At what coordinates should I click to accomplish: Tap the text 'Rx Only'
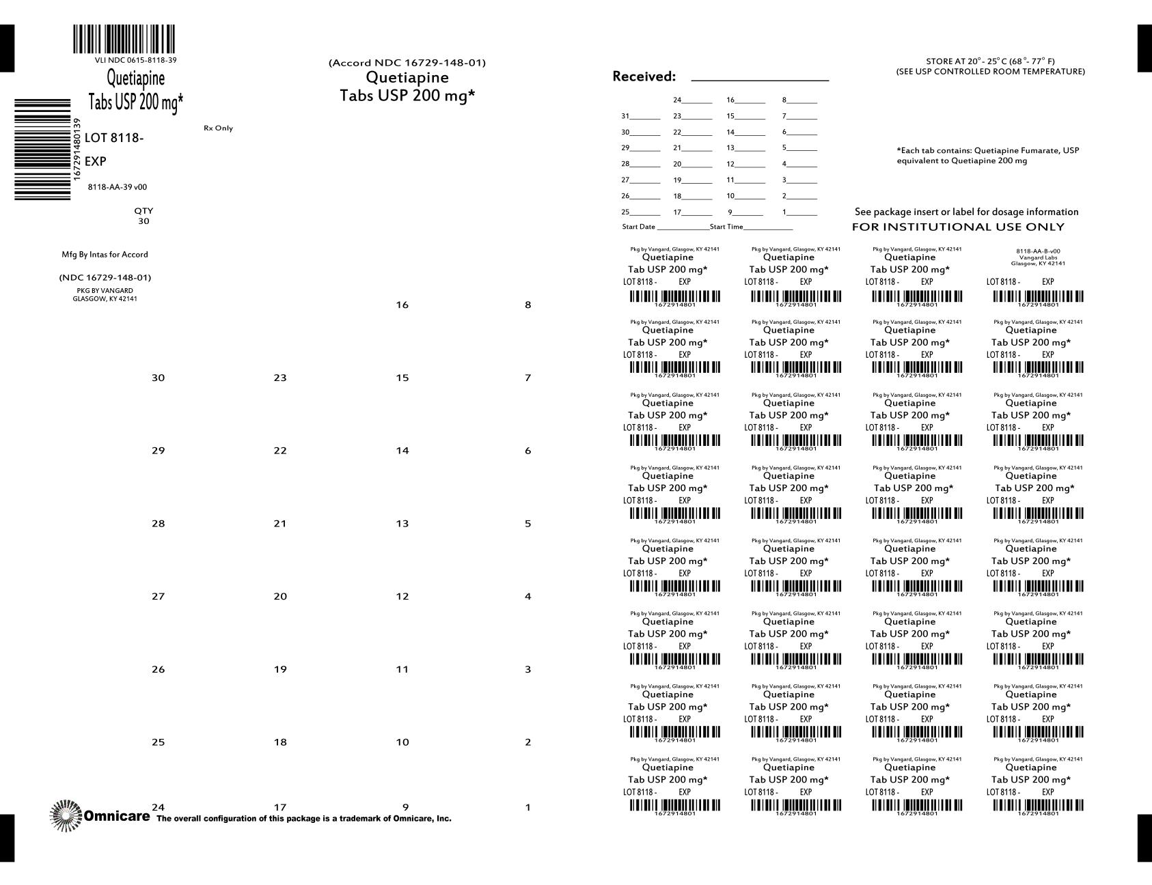[x=218, y=128]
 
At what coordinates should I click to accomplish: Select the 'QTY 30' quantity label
[x=143, y=216]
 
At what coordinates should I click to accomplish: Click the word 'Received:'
[x=644, y=76]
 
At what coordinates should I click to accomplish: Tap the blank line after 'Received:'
[x=760, y=78]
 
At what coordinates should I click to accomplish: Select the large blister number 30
[x=158, y=378]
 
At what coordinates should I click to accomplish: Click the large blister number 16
[x=402, y=305]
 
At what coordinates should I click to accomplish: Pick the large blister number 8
[x=527, y=305]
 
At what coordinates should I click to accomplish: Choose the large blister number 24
[x=158, y=807]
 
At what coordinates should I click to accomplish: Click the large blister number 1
[x=527, y=807]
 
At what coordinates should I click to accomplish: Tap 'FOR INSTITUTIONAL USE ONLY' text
[x=958, y=227]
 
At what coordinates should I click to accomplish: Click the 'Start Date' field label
[x=638, y=227]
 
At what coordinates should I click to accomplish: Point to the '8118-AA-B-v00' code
[x=1038, y=251]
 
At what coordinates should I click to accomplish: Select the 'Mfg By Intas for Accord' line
[x=105, y=255]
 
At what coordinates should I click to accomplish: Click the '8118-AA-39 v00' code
[x=118, y=187]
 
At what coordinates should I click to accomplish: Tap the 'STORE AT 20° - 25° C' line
[x=990, y=61]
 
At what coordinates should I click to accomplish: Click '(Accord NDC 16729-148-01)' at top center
[x=407, y=63]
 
